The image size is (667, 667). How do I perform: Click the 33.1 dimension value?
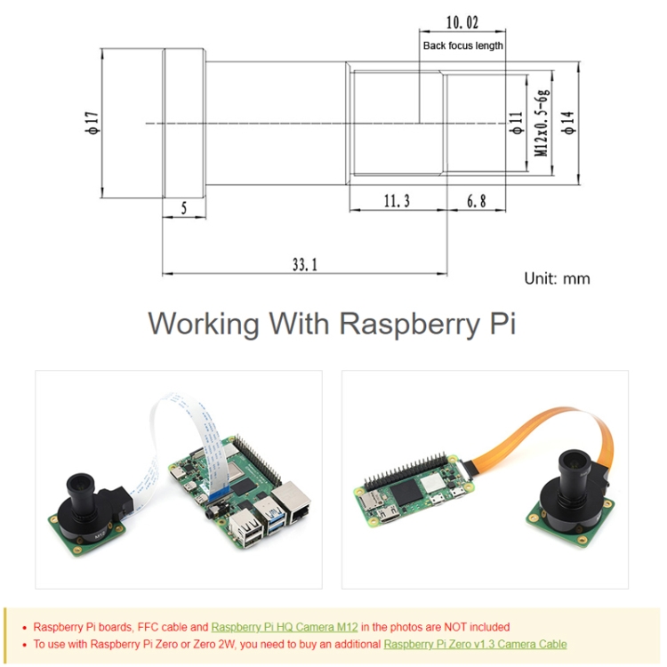point(304,263)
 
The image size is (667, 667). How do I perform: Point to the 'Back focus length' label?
point(462,45)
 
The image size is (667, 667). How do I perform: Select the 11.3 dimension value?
point(397,201)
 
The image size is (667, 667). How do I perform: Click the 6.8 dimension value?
point(477,201)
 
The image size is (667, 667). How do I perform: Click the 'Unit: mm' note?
point(557,278)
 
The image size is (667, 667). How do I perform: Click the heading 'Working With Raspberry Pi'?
point(332,323)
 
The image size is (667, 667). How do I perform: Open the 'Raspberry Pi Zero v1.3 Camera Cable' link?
point(475,644)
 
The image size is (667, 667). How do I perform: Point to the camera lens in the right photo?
point(574,467)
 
